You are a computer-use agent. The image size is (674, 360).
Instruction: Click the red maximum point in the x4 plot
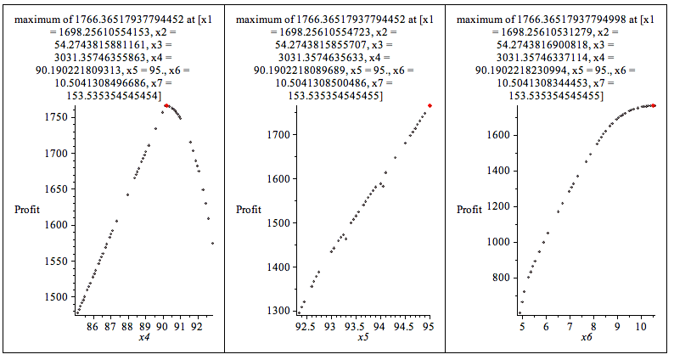pos(167,106)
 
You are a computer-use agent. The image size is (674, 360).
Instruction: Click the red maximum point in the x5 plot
pos(430,105)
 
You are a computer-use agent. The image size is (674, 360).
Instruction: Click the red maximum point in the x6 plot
pos(654,105)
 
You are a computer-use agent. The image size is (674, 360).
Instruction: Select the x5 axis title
pos(363,338)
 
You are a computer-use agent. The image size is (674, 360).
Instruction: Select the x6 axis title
pos(587,338)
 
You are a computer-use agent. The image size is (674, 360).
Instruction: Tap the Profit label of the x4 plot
pos(27,210)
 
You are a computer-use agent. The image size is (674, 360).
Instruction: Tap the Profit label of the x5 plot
pos(250,210)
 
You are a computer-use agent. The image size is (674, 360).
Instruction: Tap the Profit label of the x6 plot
pos(471,210)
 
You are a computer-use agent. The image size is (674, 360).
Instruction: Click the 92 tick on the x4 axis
pos(196,325)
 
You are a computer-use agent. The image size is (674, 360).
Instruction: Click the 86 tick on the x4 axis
pos(93,325)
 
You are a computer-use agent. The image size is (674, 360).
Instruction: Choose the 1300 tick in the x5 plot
pos(277,311)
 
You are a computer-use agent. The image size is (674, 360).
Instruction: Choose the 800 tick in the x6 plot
pos(502,278)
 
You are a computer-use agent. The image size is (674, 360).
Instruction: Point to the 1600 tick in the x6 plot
pos(498,134)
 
